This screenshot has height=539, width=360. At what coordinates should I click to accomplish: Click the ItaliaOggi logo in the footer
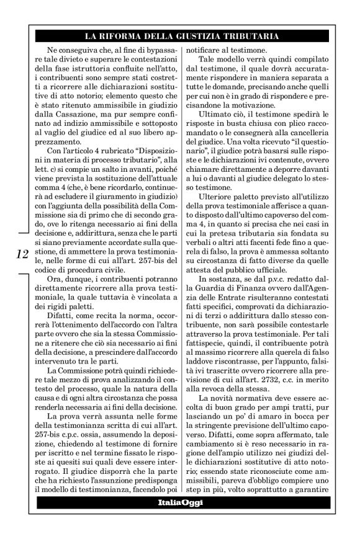(179, 502)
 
